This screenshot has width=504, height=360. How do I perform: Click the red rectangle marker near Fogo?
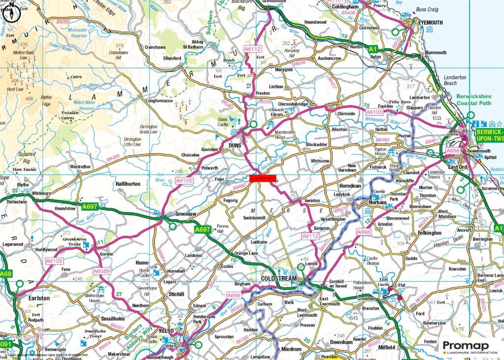(263, 178)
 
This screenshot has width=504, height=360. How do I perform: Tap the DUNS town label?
(235, 146)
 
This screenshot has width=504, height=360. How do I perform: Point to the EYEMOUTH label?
(431, 22)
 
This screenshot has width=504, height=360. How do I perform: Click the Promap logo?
(470, 347)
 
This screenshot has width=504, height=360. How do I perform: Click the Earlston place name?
(39, 298)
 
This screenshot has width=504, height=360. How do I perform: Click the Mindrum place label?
(290, 349)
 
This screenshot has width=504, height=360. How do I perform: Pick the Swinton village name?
(312, 200)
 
